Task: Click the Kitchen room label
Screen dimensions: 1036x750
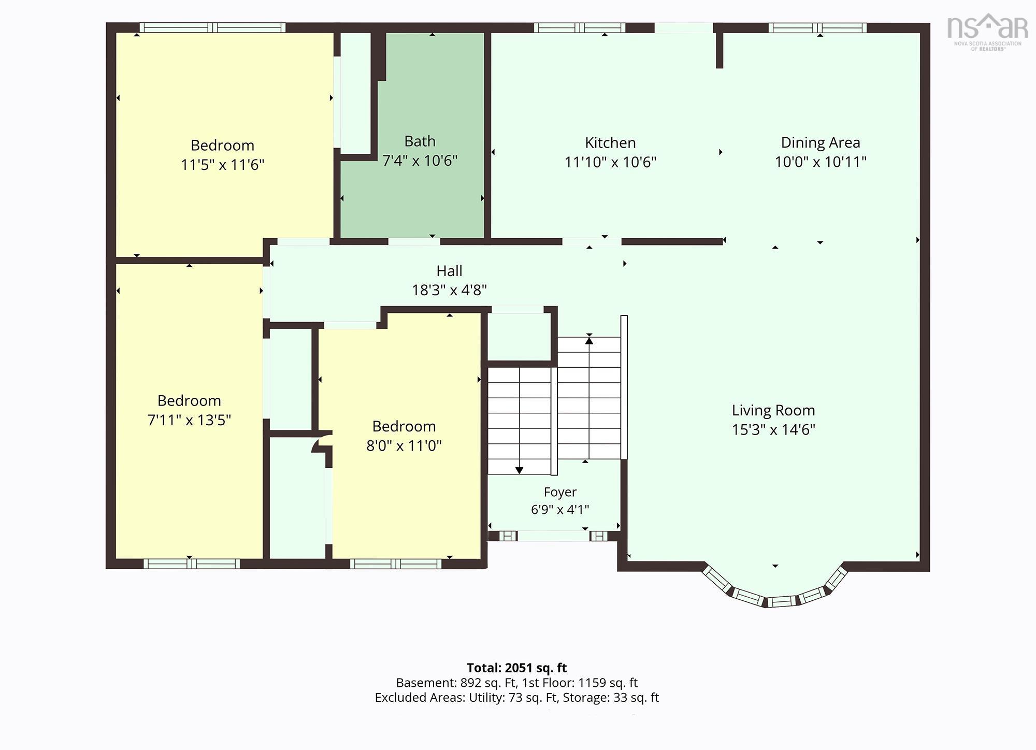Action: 610,143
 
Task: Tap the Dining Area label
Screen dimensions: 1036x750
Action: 821,143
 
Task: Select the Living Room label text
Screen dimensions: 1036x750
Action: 773,411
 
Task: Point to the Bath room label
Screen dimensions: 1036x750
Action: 420,141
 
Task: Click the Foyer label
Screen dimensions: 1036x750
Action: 560,492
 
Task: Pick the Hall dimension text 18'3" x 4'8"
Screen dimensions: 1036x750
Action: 449,290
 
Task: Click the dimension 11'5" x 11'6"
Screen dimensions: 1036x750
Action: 222,165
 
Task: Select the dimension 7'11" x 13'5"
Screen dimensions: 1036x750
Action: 189,420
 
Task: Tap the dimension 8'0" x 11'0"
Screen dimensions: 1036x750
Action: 404,446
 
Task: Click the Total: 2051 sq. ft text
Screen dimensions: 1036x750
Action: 517,668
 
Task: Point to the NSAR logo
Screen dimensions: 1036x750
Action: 988,32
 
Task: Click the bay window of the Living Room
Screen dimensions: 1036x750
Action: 774,590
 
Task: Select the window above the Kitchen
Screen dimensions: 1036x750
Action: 580,28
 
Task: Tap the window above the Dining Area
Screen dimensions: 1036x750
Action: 817,28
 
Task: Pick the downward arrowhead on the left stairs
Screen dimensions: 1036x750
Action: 519,470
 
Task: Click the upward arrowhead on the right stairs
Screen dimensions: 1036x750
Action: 589,340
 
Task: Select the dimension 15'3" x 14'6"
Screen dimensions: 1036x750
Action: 773,430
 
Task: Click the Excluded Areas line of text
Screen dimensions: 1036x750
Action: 517,698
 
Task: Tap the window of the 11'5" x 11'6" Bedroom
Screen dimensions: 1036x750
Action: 212,28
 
